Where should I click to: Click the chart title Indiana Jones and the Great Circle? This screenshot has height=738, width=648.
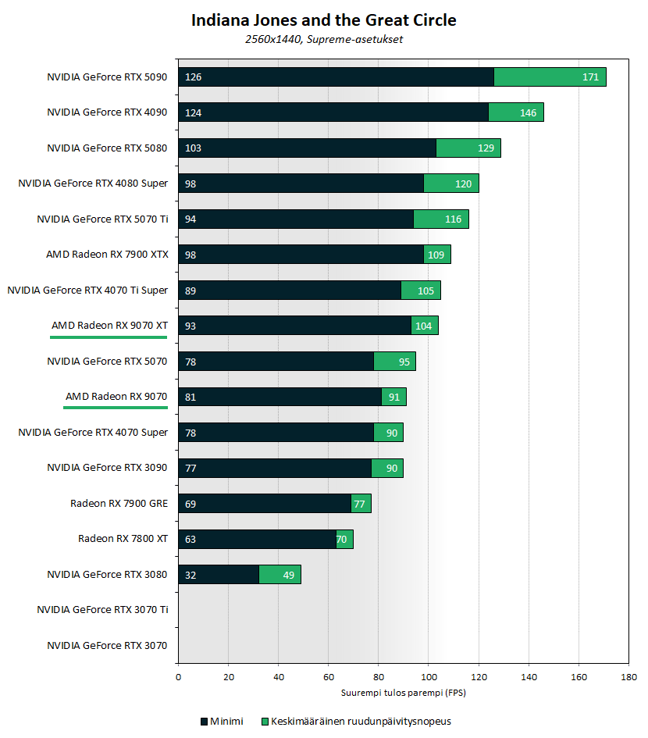point(323,20)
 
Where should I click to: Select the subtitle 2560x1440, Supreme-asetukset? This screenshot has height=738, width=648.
point(323,38)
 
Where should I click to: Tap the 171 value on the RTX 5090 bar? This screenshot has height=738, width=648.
point(591,77)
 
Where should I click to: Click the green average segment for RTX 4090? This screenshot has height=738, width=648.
point(515,112)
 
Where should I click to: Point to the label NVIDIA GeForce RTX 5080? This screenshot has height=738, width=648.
point(107,148)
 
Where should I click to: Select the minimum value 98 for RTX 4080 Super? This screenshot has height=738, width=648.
point(190,184)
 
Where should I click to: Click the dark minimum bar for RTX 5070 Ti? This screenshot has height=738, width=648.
point(297,219)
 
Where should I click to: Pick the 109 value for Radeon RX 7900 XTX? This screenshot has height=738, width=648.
point(437,255)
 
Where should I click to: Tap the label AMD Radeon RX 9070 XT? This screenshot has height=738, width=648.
point(109,325)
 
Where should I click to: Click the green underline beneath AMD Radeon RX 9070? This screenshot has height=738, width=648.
point(116,408)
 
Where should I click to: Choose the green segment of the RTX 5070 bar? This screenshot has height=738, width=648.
point(394,361)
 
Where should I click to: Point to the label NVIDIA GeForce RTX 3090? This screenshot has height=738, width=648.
point(107,468)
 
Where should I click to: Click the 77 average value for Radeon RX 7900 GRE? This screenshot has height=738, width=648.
point(359,504)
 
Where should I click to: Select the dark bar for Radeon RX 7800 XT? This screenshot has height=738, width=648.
point(258,539)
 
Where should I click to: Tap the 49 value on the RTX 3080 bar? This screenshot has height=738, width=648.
point(288,575)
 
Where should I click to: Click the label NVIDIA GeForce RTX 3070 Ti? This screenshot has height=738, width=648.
point(102,610)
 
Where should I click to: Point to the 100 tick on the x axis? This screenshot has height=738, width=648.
point(429,678)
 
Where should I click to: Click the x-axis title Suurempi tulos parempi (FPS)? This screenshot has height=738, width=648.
point(403,693)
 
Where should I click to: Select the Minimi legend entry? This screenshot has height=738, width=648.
point(222,722)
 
